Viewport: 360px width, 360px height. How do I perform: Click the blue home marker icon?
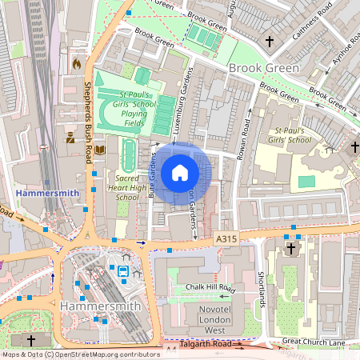tap(180, 172)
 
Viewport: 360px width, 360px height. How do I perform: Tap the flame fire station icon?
tap(77, 62)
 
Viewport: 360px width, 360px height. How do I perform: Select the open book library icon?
tap(100, 150)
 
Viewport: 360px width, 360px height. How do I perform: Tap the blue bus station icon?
tap(124, 271)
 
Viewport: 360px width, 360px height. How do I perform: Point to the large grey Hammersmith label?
tap(100, 306)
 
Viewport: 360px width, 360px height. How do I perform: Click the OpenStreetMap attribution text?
tap(80, 354)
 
